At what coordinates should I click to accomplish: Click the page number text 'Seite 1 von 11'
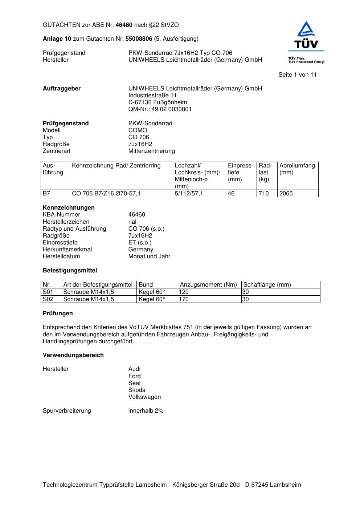[x=298, y=75]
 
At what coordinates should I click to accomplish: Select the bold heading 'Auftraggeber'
[x=62, y=89]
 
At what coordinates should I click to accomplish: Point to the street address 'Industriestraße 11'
[x=152, y=96]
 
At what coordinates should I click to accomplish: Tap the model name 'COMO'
[x=138, y=130]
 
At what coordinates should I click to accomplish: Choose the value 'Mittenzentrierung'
[x=151, y=151]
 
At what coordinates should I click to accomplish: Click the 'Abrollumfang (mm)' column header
[x=297, y=169]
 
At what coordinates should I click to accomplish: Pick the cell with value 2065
[x=286, y=194]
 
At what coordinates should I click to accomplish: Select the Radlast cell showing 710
[x=264, y=194]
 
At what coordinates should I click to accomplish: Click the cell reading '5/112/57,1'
[x=189, y=194]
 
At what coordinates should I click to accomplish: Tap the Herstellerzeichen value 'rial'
[x=132, y=222]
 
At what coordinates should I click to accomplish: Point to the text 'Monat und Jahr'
[x=149, y=256]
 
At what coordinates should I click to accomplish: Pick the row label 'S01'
[x=48, y=292]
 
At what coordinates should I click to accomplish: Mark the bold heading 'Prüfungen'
[x=58, y=313]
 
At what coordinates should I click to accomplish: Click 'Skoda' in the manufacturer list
[x=137, y=390]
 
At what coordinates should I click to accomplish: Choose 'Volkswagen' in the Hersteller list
[x=144, y=397]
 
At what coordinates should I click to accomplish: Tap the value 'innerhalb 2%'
[x=146, y=411]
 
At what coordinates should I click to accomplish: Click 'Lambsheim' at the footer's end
[x=285, y=485]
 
